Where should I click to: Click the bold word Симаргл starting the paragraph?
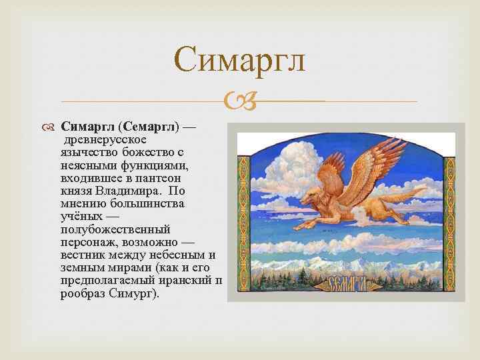[88, 126]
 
